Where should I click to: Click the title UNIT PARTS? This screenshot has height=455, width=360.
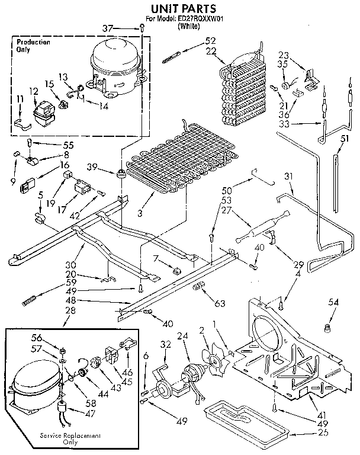click(x=180, y=8)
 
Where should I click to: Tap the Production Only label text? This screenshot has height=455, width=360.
click(x=33, y=46)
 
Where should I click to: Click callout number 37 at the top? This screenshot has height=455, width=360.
click(x=123, y=28)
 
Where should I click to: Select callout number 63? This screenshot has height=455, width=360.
click(x=220, y=304)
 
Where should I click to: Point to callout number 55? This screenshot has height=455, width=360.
click(x=53, y=144)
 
